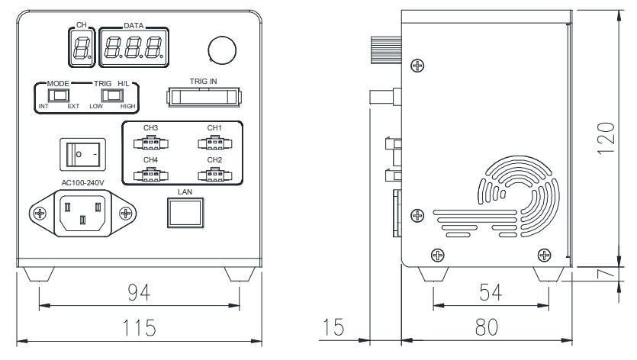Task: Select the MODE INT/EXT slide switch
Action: [x=58, y=96]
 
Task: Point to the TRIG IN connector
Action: [x=203, y=97]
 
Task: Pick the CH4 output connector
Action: [x=150, y=174]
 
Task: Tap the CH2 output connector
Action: [x=214, y=174]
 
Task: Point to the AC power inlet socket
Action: [x=81, y=212]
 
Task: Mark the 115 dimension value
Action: [x=139, y=327]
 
